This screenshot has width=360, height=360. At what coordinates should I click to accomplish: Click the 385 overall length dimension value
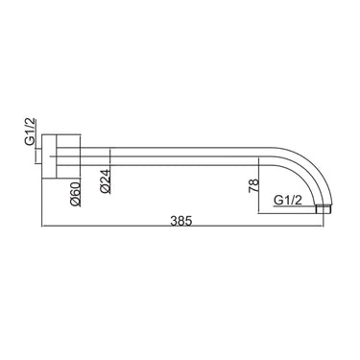coord(180,221)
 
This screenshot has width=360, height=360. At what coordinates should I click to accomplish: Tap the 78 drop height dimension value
coord(253,186)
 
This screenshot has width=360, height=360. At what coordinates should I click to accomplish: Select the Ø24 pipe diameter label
coord(106,181)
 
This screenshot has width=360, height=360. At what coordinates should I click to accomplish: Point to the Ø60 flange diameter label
coord(76,194)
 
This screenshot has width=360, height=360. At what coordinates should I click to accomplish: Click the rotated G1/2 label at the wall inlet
coord(32,132)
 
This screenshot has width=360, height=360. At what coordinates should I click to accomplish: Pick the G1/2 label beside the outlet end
coord(288,201)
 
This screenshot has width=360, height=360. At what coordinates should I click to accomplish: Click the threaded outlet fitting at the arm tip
coord(324,209)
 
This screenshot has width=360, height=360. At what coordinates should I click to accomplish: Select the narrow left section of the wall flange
coord(49,156)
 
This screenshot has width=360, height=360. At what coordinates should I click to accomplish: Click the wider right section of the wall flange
coord(68,156)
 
